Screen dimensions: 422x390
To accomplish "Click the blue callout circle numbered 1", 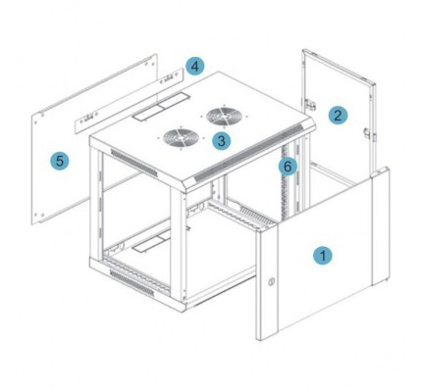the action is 323,255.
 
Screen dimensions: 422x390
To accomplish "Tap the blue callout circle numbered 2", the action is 338,116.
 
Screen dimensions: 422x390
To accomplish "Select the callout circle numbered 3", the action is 222,141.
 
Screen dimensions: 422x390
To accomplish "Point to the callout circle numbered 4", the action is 194,67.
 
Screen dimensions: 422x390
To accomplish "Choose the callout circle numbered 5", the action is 59,161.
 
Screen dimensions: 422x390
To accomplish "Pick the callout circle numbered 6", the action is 288,167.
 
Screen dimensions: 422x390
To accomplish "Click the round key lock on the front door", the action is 271,281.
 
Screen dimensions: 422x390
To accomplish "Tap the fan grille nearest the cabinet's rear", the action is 225,116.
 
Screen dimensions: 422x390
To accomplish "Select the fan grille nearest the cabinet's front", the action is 181,138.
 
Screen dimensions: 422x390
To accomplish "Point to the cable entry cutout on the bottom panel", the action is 151,242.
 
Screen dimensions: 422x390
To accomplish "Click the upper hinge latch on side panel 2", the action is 310,104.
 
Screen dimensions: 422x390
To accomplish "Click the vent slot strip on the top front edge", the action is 249,152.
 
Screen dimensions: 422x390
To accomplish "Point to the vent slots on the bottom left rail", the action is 132,283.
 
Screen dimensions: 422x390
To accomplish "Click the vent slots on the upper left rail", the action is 133,163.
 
